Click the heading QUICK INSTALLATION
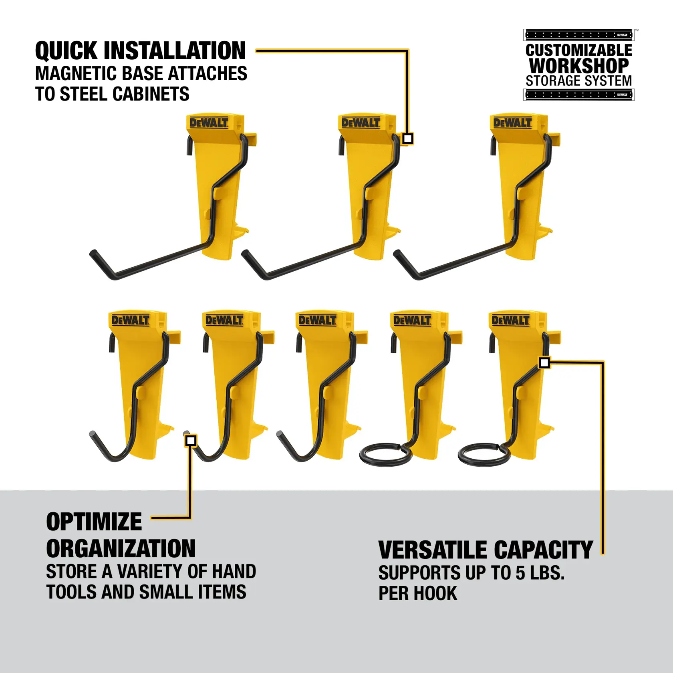click(140, 51)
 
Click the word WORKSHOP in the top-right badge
click(578, 65)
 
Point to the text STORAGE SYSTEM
click(578, 81)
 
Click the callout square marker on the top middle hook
click(407, 139)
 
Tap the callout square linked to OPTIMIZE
click(191, 441)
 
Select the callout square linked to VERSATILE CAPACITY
click(544, 363)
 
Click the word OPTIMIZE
click(94, 522)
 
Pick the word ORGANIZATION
click(121, 549)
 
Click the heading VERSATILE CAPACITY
click(485, 550)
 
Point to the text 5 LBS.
click(540, 573)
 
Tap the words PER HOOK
click(417, 593)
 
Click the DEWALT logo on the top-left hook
click(208, 123)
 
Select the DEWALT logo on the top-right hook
click(512, 123)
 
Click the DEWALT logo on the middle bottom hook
click(317, 320)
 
